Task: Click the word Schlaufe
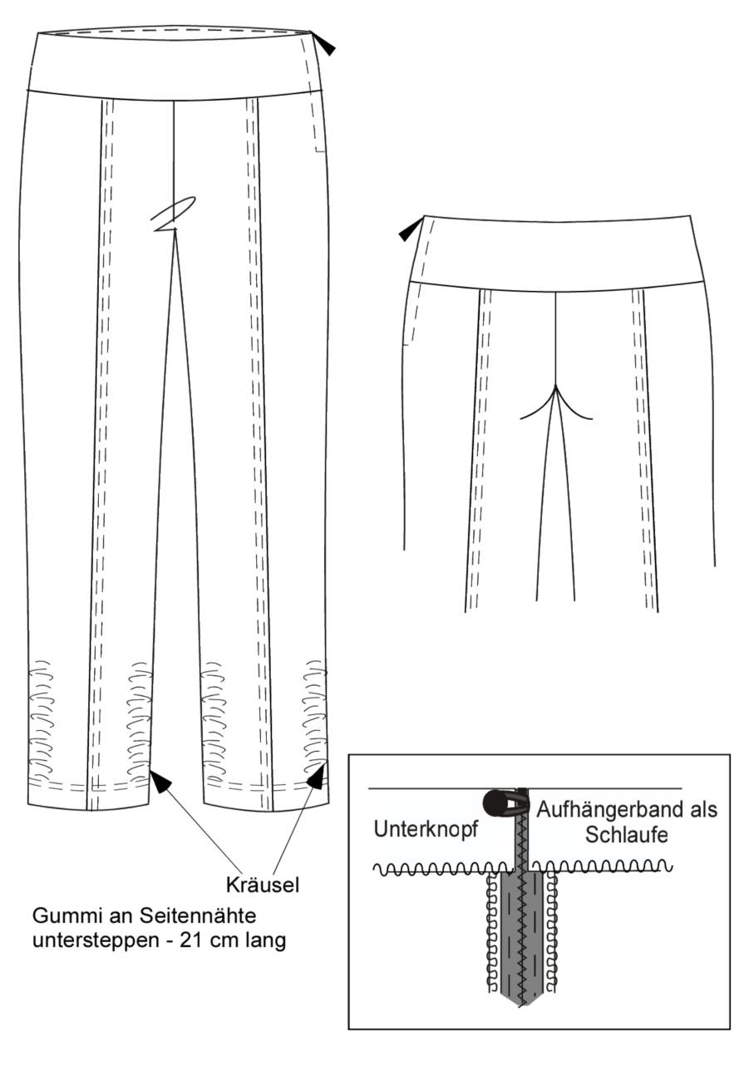pyautogui.click(x=627, y=835)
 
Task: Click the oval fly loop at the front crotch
pyautogui.click(x=173, y=214)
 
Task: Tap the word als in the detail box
pyautogui.click(x=702, y=810)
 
